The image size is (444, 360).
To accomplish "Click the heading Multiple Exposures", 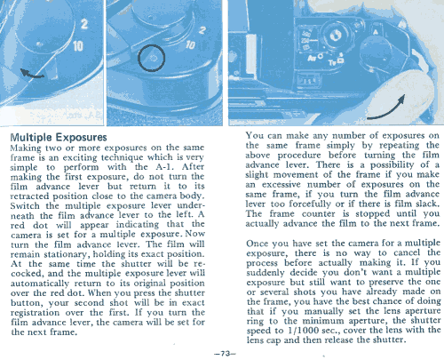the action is point(59,137).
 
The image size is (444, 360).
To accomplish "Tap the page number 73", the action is point(226,353).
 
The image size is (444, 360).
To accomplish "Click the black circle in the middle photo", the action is point(151,58).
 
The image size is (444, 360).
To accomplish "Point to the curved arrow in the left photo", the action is point(32,74).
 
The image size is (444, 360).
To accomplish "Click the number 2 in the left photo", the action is point(84,24).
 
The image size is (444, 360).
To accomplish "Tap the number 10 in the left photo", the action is point(78,46).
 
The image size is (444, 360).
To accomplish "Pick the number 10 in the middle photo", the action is point(190,44).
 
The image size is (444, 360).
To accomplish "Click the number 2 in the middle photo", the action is point(202,30).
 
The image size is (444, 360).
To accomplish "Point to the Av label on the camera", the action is point(312,58).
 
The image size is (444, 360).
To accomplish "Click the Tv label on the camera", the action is point(332,62).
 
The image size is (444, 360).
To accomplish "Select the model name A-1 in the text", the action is point(164,166).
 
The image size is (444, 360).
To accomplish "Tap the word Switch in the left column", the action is point(25,205).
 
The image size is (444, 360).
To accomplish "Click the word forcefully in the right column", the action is point(310,204).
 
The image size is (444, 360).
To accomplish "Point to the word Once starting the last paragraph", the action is point(258,244).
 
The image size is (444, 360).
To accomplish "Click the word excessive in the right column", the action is point(281,185).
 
